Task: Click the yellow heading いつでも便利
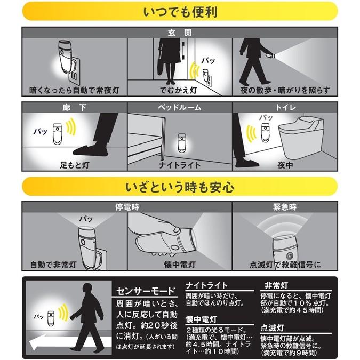(180, 11)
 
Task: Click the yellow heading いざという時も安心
(180, 188)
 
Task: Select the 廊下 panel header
(74, 107)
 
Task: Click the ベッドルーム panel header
(180, 107)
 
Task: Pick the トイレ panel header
(285, 107)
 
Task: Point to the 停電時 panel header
(127, 206)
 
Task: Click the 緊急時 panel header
(285, 206)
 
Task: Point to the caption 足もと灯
(74, 166)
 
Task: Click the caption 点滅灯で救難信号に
(285, 264)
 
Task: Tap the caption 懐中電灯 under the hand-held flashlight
(180, 264)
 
